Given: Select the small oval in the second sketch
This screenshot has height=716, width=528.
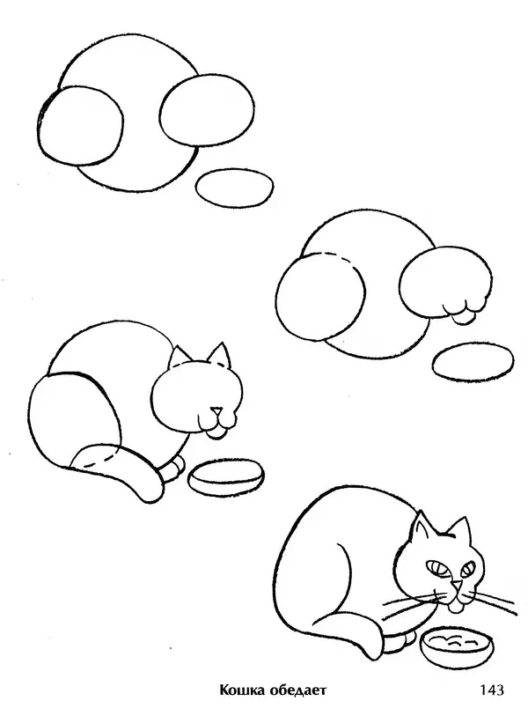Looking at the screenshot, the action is point(473,362).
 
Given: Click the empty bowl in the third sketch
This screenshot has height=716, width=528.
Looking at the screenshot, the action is point(226,476).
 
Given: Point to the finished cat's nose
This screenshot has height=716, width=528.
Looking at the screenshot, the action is point(457,585).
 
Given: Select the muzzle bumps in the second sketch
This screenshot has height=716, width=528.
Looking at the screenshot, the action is point(461,312).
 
